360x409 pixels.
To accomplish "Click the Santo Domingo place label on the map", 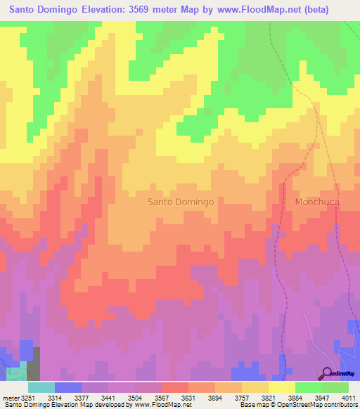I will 180,202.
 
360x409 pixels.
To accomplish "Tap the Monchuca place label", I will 317,202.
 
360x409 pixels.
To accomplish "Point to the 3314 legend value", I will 64,398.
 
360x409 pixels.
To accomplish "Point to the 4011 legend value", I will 347,398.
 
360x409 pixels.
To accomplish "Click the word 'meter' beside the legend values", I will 10,398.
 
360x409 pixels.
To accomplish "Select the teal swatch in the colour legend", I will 41,387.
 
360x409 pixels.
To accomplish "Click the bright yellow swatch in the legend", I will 281,387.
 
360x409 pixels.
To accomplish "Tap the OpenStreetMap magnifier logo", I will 327,373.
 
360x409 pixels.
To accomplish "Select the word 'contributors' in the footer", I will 340,405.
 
